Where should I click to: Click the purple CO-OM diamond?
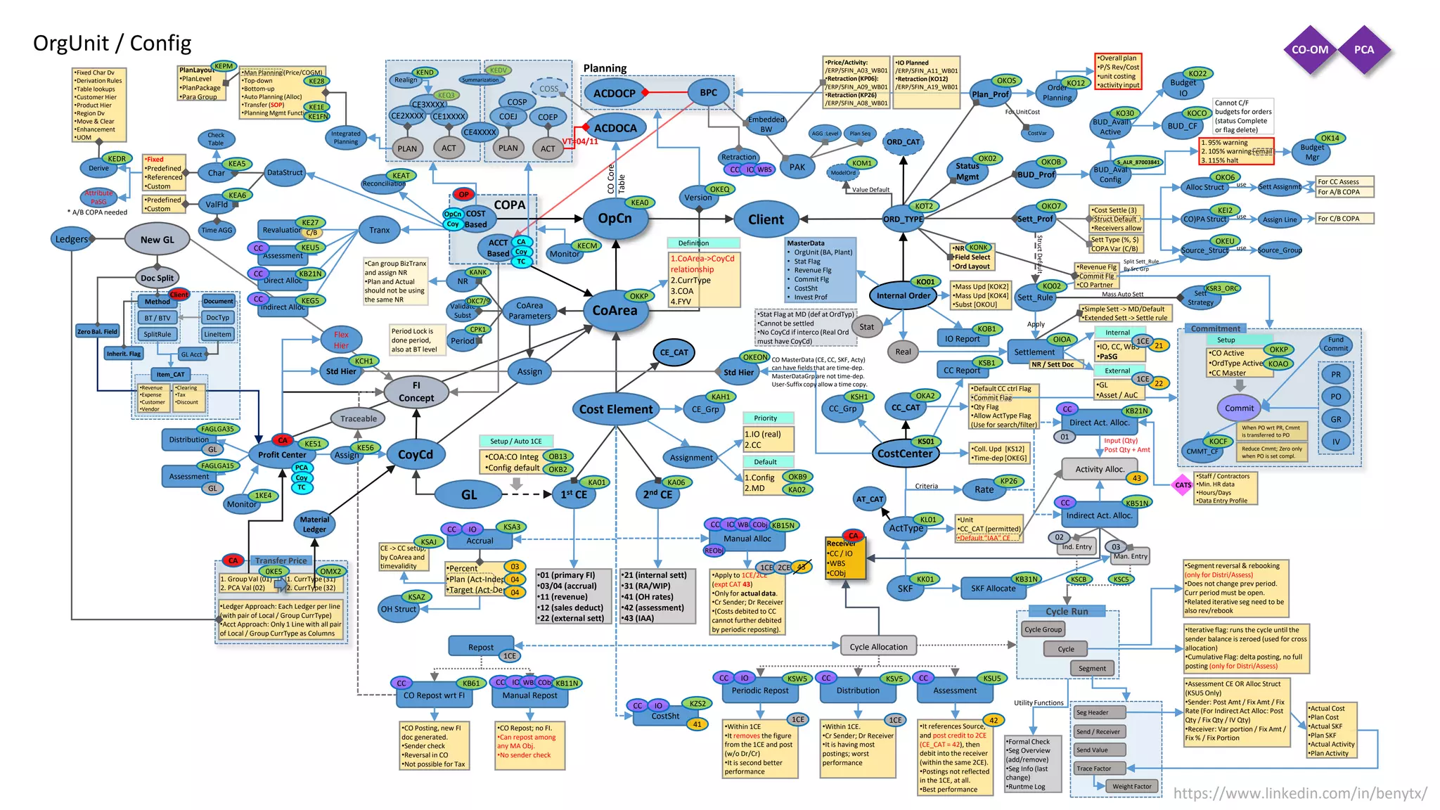[1309, 50]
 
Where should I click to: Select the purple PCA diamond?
[1363, 50]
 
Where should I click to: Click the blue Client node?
[766, 219]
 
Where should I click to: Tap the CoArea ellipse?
[615, 310]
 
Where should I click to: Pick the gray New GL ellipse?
[157, 240]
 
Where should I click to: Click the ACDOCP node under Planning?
[614, 93]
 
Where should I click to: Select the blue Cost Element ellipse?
[615, 409]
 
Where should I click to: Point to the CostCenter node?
[904, 454]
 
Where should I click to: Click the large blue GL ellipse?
[468, 494]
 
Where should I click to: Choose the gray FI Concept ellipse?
[416, 392]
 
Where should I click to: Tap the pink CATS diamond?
[1183, 485]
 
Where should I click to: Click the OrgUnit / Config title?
[112, 44]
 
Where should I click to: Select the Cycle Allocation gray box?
[878, 646]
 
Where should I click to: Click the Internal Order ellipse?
[903, 295]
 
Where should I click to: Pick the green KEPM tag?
[224, 66]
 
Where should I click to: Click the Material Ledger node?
[314, 525]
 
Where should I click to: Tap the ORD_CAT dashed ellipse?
[903, 142]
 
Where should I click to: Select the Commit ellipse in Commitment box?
[1239, 408]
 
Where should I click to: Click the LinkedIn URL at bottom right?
[1299, 793]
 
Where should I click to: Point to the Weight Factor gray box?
[1131, 786]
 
